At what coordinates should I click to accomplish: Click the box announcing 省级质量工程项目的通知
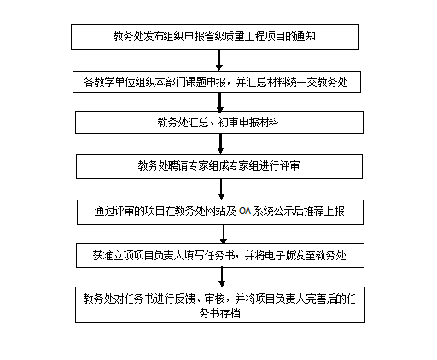(215, 37)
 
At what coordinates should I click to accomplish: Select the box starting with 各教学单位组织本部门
(217, 82)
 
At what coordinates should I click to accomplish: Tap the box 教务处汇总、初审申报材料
(219, 122)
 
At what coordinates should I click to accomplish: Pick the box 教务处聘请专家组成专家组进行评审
(219, 166)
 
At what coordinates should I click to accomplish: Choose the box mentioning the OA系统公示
(220, 212)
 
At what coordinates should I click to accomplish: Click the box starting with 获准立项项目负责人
(220, 255)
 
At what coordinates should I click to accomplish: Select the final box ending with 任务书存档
(220, 305)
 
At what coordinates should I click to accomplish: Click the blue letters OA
(245, 212)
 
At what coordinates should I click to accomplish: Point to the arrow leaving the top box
(219, 61)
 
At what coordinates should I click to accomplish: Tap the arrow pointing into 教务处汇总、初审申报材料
(219, 102)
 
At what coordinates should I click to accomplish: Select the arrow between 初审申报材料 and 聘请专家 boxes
(220, 144)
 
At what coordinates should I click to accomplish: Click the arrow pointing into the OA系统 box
(221, 189)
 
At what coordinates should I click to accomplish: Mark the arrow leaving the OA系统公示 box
(224, 234)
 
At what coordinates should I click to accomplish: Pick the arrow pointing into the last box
(222, 277)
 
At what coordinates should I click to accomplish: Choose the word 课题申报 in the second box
(206, 82)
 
